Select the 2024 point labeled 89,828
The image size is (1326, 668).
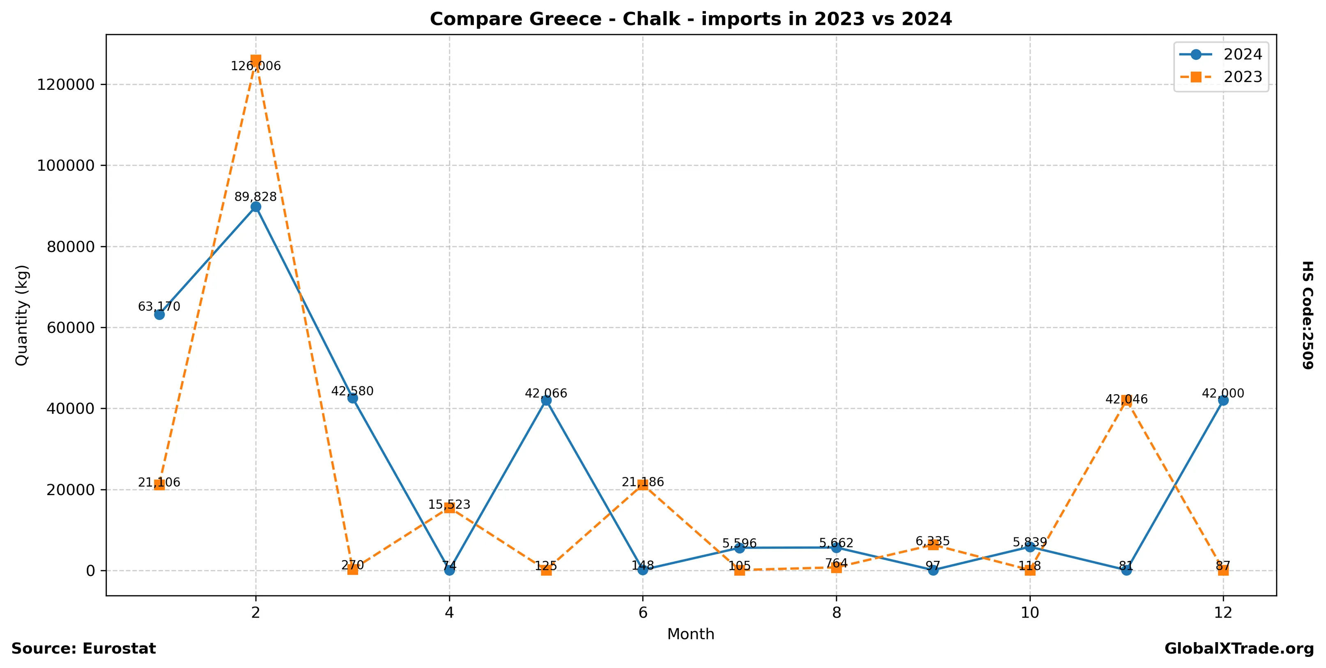[x=256, y=207]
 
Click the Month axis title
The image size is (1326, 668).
[x=691, y=634]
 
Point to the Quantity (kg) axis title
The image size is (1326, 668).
[x=22, y=315]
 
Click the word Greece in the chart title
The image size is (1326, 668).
[x=564, y=19]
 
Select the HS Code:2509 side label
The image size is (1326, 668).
[x=1308, y=315]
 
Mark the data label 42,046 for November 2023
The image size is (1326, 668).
[x=1126, y=399]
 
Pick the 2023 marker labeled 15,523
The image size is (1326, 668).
[x=449, y=507]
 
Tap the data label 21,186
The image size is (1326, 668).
[x=643, y=482]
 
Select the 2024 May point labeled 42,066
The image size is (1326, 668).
[x=546, y=400]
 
